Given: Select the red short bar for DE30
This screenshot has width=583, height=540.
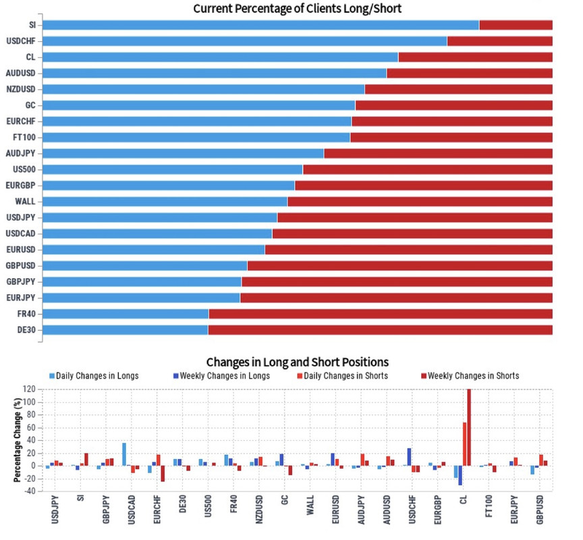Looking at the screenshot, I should pyautogui.click(x=380, y=330).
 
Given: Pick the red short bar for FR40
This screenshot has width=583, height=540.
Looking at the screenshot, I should pyautogui.click(x=381, y=314).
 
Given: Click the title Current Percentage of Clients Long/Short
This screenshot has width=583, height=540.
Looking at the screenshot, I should pyautogui.click(x=298, y=8).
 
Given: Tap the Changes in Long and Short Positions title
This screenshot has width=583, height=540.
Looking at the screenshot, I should pyautogui.click(x=298, y=362).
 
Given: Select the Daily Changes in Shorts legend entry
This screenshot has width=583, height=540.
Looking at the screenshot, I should pyautogui.click(x=344, y=376).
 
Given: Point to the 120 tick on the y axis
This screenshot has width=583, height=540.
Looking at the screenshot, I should pyautogui.click(x=29, y=389).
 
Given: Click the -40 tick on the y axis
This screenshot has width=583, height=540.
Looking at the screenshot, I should pyautogui.click(x=29, y=491).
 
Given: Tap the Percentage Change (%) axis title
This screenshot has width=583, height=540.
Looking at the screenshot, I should pyautogui.click(x=16, y=439).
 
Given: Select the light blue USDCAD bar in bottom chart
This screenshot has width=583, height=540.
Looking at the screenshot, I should pyautogui.click(x=124, y=454).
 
